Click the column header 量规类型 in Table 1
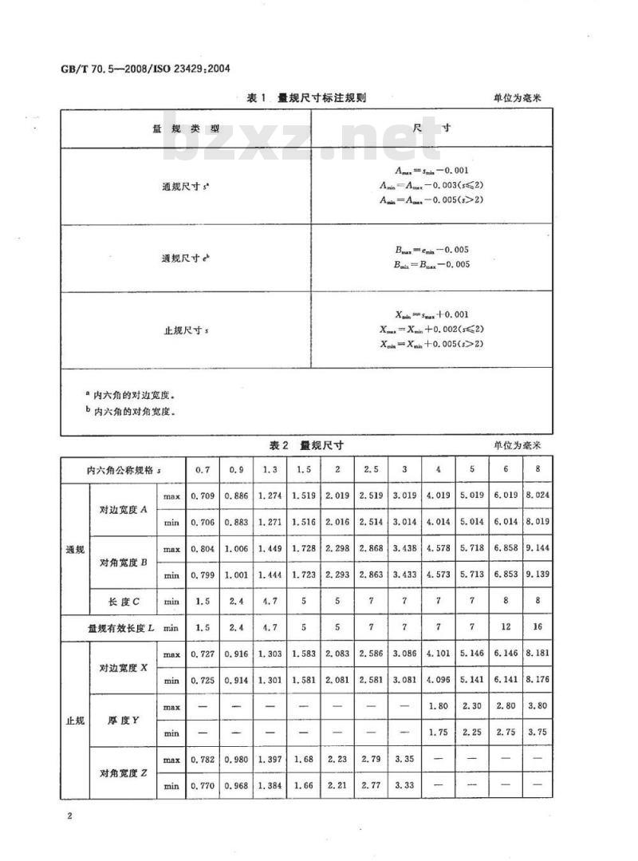click(185, 128)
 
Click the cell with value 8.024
click(537, 496)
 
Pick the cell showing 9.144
click(537, 549)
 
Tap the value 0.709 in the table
click(203, 496)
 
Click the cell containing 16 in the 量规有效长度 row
click(537, 628)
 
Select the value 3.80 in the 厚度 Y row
click(537, 707)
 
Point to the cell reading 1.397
click(270, 760)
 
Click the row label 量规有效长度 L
click(122, 628)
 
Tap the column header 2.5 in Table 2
click(371, 470)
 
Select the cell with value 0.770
click(203, 786)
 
